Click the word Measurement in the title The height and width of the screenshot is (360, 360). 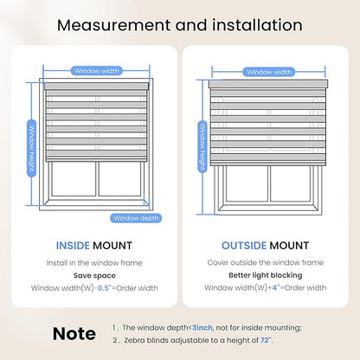coord(113,25)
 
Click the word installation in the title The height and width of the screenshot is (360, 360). coord(258,25)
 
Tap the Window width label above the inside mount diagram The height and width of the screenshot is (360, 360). coord(97,71)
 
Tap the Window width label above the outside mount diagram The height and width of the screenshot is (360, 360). coord(269,72)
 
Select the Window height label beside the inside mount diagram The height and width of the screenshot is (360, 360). coord(32,148)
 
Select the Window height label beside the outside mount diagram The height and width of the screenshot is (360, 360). coord(202,147)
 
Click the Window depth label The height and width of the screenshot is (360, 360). coord(136,218)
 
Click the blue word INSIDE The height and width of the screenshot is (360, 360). coord(73,246)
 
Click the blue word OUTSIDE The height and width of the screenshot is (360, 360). coord(244,246)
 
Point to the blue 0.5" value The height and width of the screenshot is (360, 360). coord(105,288)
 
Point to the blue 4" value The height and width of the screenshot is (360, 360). coord(276,287)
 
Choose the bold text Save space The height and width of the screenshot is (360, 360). coord(94,275)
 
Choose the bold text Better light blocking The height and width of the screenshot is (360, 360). coord(266,275)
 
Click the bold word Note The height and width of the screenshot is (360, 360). coord(74,334)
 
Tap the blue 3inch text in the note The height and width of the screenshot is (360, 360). coord(202,328)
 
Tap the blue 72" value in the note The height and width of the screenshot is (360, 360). coord(266,340)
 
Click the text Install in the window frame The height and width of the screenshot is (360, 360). coord(94,263)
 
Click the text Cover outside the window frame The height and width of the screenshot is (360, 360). coord(266,263)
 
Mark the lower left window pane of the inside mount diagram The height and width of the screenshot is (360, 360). coord(74,179)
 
